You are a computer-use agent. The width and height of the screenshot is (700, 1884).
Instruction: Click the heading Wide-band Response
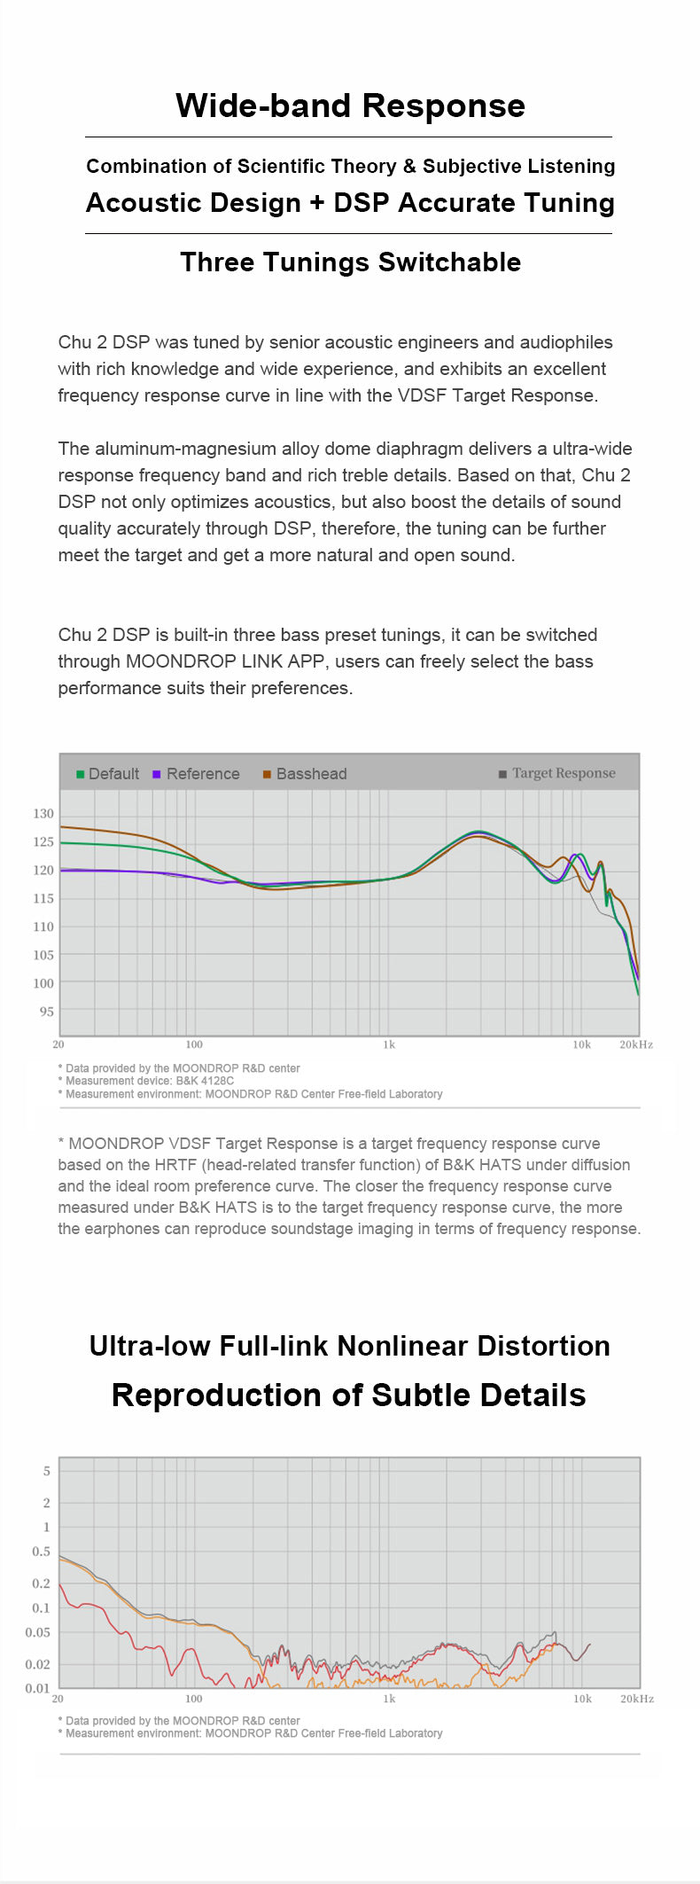(x=350, y=106)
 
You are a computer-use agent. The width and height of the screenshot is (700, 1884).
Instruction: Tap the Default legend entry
(x=108, y=774)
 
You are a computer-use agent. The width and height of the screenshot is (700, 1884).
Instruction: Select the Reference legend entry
(x=197, y=774)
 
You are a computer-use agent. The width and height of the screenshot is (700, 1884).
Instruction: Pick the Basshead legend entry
(x=305, y=774)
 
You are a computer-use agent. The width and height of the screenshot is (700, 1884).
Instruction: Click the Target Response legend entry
(x=557, y=773)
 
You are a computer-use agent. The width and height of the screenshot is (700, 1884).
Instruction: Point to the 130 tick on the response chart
(x=43, y=814)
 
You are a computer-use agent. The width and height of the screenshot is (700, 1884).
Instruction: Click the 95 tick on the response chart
(x=46, y=1012)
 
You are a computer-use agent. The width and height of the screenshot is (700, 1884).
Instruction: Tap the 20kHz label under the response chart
(x=635, y=1045)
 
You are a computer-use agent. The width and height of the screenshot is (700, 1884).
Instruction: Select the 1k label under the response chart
(x=389, y=1045)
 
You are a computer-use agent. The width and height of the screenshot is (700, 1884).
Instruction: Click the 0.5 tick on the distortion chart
(x=42, y=1552)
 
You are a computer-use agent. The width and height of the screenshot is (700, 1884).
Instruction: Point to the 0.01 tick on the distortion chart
(x=38, y=1689)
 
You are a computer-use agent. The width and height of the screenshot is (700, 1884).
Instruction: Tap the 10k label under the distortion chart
(x=582, y=1700)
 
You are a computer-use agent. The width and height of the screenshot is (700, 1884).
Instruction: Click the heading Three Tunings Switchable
(x=350, y=262)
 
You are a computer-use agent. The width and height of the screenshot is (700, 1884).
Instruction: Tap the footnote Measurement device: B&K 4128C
(x=149, y=1081)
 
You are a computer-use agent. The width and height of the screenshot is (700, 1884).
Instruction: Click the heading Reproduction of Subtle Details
(x=348, y=1395)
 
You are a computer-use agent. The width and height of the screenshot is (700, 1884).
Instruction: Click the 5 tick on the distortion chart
(x=47, y=1471)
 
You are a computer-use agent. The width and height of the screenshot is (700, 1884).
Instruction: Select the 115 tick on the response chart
(x=43, y=898)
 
